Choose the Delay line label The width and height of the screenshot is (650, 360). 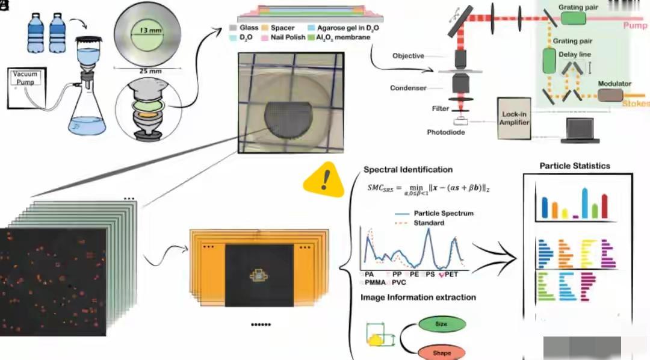[575, 54]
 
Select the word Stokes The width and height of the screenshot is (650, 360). [635, 104]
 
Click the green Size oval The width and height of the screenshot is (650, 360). [441, 324]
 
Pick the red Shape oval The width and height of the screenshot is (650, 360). [441, 353]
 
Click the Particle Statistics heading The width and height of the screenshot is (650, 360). [575, 166]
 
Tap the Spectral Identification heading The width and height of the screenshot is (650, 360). [408, 170]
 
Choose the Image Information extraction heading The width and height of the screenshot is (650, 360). [418, 297]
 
